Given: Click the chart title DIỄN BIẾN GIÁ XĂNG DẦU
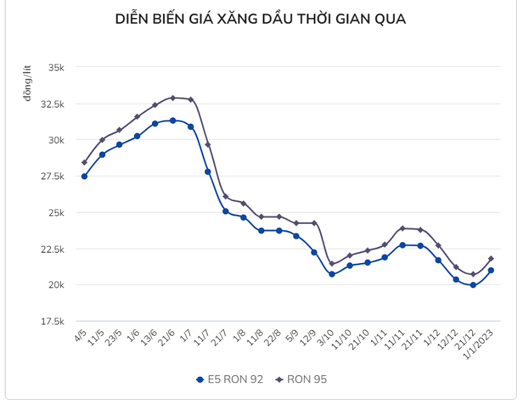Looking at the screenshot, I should [260, 20].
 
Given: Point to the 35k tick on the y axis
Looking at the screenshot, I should [55, 68].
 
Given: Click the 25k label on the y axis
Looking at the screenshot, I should [55, 213].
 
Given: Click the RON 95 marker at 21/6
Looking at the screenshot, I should [172, 98].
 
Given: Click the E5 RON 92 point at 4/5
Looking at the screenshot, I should [84, 177].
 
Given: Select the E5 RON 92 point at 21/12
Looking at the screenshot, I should [473, 285].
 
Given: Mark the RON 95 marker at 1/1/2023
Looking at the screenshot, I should [491, 259].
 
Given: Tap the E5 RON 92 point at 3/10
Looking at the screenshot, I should [332, 274].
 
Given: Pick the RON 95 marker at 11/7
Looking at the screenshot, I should [208, 144].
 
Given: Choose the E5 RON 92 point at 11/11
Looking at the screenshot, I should [403, 245].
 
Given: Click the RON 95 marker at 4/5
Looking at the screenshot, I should [84, 163].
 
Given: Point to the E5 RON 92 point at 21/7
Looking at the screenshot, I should [225, 211].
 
